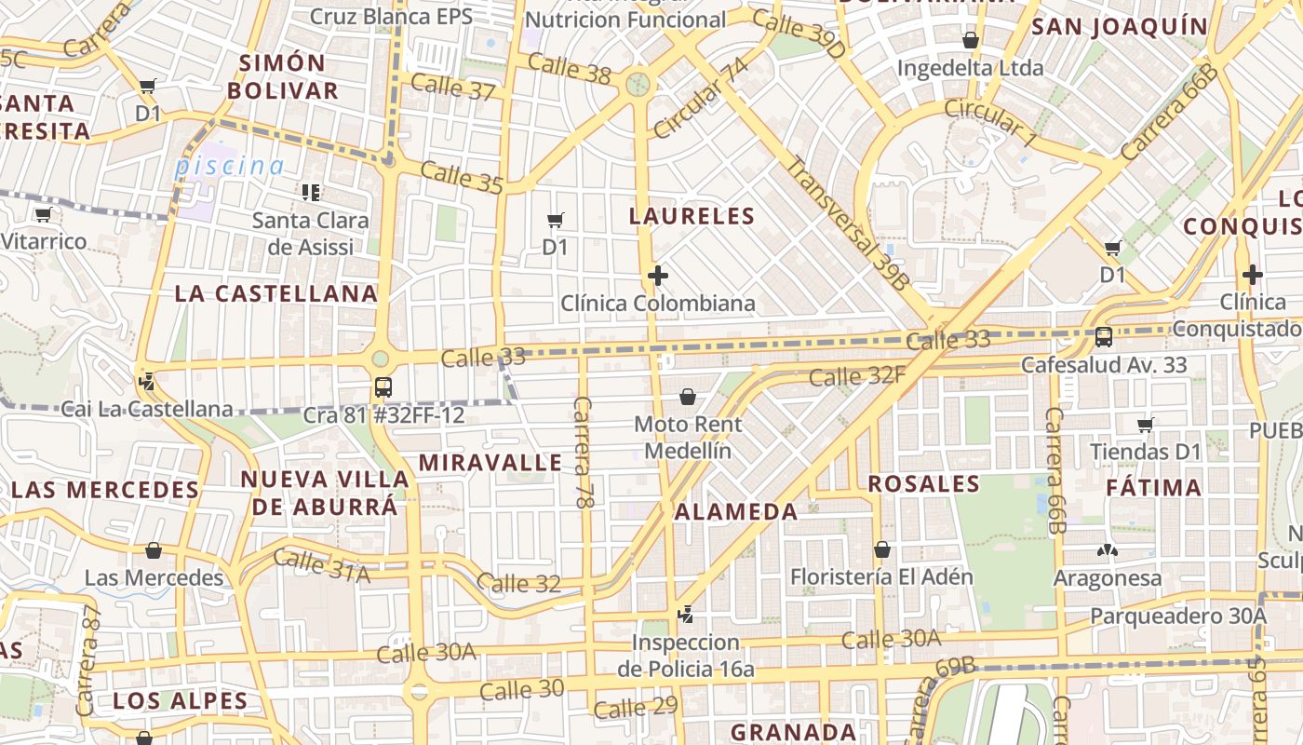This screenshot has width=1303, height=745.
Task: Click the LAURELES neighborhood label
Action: click(692, 216)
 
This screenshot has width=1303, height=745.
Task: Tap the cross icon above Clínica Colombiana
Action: click(658, 276)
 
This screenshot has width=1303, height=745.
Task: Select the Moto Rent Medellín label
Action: click(688, 437)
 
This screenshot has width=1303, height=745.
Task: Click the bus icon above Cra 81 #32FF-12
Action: click(383, 387)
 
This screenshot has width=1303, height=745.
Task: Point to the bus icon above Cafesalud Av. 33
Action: click(1104, 337)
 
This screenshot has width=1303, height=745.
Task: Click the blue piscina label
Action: click(230, 167)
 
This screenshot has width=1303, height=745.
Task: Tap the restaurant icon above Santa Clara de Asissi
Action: click(311, 193)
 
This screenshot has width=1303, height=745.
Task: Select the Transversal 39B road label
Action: click(847, 223)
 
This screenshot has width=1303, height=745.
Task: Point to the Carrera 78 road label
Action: click(584, 452)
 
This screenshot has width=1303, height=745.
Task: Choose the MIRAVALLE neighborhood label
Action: click(490, 463)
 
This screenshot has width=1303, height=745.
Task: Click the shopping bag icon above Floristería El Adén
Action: click(881, 549)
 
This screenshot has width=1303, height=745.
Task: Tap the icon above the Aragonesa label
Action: click(1107, 551)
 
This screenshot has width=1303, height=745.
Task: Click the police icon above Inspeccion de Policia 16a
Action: click(686, 614)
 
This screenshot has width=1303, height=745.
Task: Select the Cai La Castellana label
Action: click(146, 409)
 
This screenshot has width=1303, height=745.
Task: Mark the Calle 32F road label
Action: click(857, 376)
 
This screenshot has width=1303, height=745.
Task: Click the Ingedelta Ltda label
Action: click(970, 68)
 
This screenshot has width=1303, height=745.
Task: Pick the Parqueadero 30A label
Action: click(1178, 616)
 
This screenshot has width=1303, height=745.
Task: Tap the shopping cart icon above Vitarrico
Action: click(43, 215)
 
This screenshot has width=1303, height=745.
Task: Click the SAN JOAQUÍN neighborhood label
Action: click(1120, 26)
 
